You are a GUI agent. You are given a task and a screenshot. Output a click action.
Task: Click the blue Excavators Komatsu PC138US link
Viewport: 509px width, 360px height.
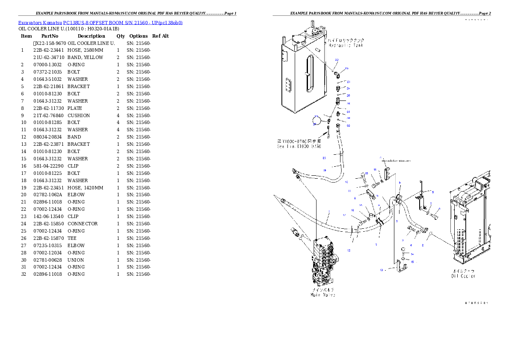coord(100,23)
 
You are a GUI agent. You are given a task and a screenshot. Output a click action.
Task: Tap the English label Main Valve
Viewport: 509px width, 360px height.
coord(323,295)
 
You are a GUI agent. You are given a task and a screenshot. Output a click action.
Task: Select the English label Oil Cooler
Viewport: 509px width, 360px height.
coord(463,276)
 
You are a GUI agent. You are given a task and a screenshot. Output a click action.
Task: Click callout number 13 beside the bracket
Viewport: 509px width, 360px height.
coord(381,270)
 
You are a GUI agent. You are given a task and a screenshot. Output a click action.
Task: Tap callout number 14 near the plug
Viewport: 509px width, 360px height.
coord(412,254)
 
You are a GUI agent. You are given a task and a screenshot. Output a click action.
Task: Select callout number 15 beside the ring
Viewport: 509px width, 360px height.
coord(412,262)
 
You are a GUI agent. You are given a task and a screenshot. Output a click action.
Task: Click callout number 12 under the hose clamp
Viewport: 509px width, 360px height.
coord(349,250)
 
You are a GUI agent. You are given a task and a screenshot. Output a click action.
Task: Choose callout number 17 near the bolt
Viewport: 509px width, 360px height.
coord(344,215)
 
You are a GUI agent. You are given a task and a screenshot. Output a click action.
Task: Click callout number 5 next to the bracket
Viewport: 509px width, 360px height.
coord(432,192)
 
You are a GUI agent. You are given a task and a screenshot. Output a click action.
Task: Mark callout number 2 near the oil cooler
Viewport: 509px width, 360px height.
coord(423,245)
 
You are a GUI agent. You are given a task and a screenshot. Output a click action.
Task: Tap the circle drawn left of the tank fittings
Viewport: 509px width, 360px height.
coord(318,121)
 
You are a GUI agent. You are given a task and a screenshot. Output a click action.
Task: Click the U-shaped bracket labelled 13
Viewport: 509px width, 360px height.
coord(400,267)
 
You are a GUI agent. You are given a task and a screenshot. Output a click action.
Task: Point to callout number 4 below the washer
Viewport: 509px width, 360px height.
coord(411,245)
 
